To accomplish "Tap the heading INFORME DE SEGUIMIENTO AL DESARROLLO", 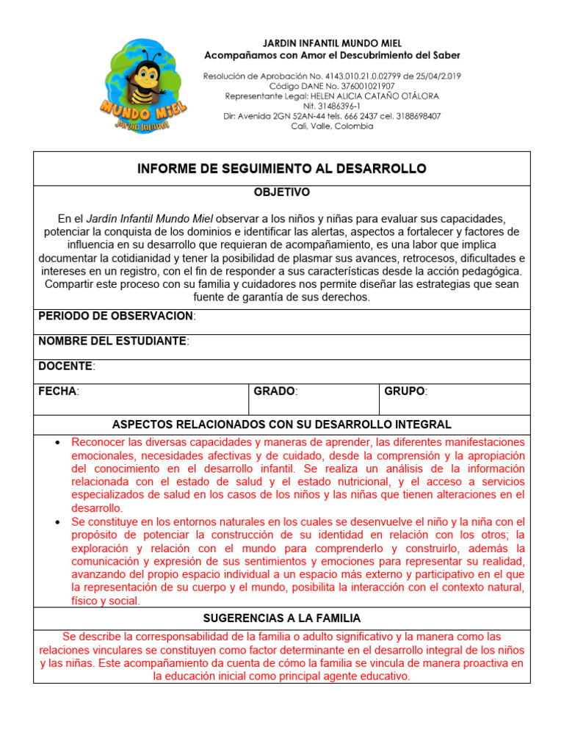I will [281, 168].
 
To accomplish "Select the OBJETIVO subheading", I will [281, 192].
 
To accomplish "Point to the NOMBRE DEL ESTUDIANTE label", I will [112, 341].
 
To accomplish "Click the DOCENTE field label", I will [65, 366].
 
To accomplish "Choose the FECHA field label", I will [57, 391].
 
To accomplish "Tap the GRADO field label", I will [274, 391].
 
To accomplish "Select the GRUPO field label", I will [404, 391].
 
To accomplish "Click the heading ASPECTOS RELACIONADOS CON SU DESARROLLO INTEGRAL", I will [281, 425].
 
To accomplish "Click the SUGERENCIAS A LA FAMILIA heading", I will [281, 618].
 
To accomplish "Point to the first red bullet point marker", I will [57, 443].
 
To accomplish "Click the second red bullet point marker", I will [57, 522].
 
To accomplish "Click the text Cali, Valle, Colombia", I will [332, 126].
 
